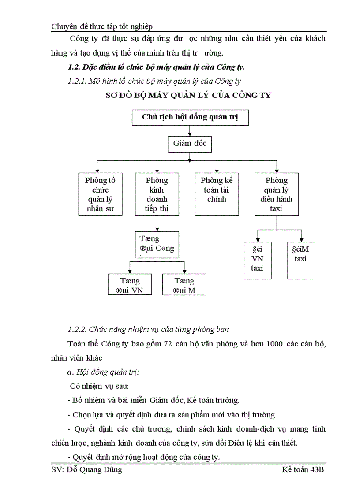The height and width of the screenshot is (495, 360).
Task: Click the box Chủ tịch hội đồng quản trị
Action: [189, 117]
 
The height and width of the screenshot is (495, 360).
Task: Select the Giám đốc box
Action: [190, 144]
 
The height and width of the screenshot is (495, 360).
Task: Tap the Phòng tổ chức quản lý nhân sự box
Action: [100, 194]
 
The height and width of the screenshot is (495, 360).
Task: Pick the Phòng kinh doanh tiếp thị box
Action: [157, 194]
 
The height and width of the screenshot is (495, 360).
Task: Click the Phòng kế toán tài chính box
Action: [217, 194]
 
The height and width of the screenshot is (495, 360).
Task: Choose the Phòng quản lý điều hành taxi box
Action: [277, 194]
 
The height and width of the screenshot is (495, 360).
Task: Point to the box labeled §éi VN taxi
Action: [258, 260]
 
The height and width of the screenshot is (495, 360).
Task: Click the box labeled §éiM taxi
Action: [301, 260]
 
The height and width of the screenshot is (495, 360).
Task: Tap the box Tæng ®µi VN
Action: [130, 285]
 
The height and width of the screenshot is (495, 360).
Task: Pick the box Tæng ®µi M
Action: [184, 285]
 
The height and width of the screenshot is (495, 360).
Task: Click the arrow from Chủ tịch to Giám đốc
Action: [190, 130]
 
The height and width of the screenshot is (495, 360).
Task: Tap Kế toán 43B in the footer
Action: [304, 470]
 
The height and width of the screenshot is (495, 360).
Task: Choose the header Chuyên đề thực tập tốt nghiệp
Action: [102, 27]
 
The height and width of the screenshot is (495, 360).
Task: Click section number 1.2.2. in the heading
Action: [77, 329]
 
